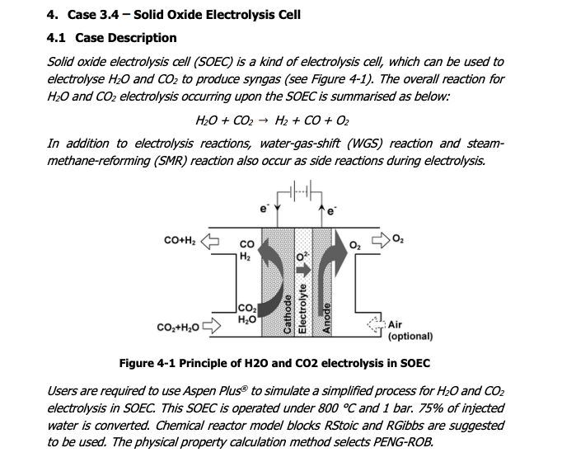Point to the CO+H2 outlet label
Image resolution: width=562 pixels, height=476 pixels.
(180, 242)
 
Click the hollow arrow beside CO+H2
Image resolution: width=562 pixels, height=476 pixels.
(212, 242)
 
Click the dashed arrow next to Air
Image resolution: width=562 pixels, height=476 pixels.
(375, 326)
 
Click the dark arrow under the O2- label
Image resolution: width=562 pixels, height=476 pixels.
(304, 269)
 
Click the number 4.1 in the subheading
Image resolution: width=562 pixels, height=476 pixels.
(57, 38)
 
